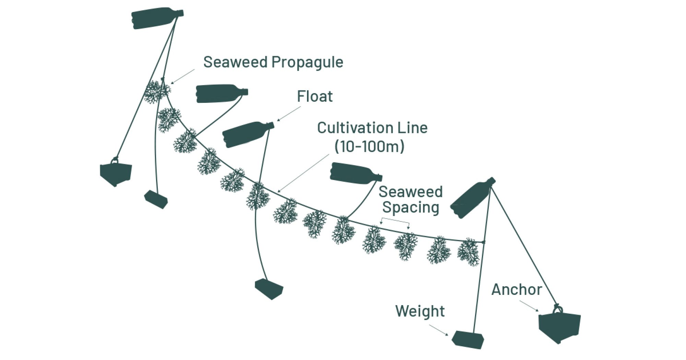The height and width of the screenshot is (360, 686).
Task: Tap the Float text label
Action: tap(315, 97)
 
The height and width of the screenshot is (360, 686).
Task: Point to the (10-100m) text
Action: tap(369, 147)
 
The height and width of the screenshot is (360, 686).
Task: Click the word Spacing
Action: tap(411, 207)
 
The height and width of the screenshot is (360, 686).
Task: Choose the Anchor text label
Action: tap(516, 290)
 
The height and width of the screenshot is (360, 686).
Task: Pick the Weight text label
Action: tap(419, 311)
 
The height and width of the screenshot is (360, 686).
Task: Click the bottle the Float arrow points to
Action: tap(245, 134)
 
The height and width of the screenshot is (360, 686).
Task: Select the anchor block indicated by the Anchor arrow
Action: tap(559, 326)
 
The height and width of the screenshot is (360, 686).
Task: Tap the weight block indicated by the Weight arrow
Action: tap(468, 339)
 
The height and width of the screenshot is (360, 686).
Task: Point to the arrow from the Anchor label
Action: tap(529, 306)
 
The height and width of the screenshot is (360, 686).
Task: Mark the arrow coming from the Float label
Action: tap(289, 113)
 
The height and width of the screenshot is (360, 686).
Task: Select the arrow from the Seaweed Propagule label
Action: tap(183, 76)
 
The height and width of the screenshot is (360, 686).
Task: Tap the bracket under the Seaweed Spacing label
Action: tap(395, 220)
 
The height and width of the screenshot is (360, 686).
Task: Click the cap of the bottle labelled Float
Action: tap(271, 125)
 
